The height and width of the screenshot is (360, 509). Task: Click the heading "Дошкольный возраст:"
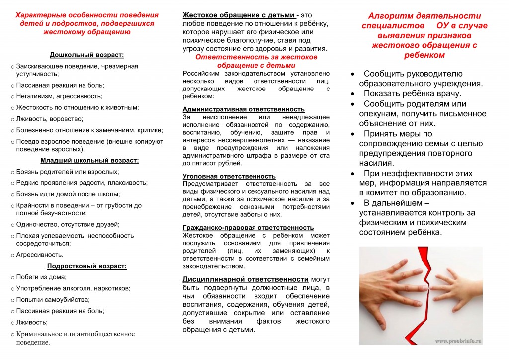(86, 55)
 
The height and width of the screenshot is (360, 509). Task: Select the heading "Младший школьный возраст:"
(89, 160)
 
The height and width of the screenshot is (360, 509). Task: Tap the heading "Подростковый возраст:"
(86, 266)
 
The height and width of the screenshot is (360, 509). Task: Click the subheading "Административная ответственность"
(244, 109)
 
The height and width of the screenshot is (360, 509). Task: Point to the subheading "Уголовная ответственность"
(229, 176)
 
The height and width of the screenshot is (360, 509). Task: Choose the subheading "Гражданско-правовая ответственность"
(248, 227)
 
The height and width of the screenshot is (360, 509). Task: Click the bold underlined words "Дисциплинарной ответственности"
(246, 279)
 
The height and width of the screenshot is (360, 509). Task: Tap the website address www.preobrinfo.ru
(458, 341)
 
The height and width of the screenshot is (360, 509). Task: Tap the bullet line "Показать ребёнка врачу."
(413, 93)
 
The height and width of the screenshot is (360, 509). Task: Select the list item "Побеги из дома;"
(41, 277)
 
